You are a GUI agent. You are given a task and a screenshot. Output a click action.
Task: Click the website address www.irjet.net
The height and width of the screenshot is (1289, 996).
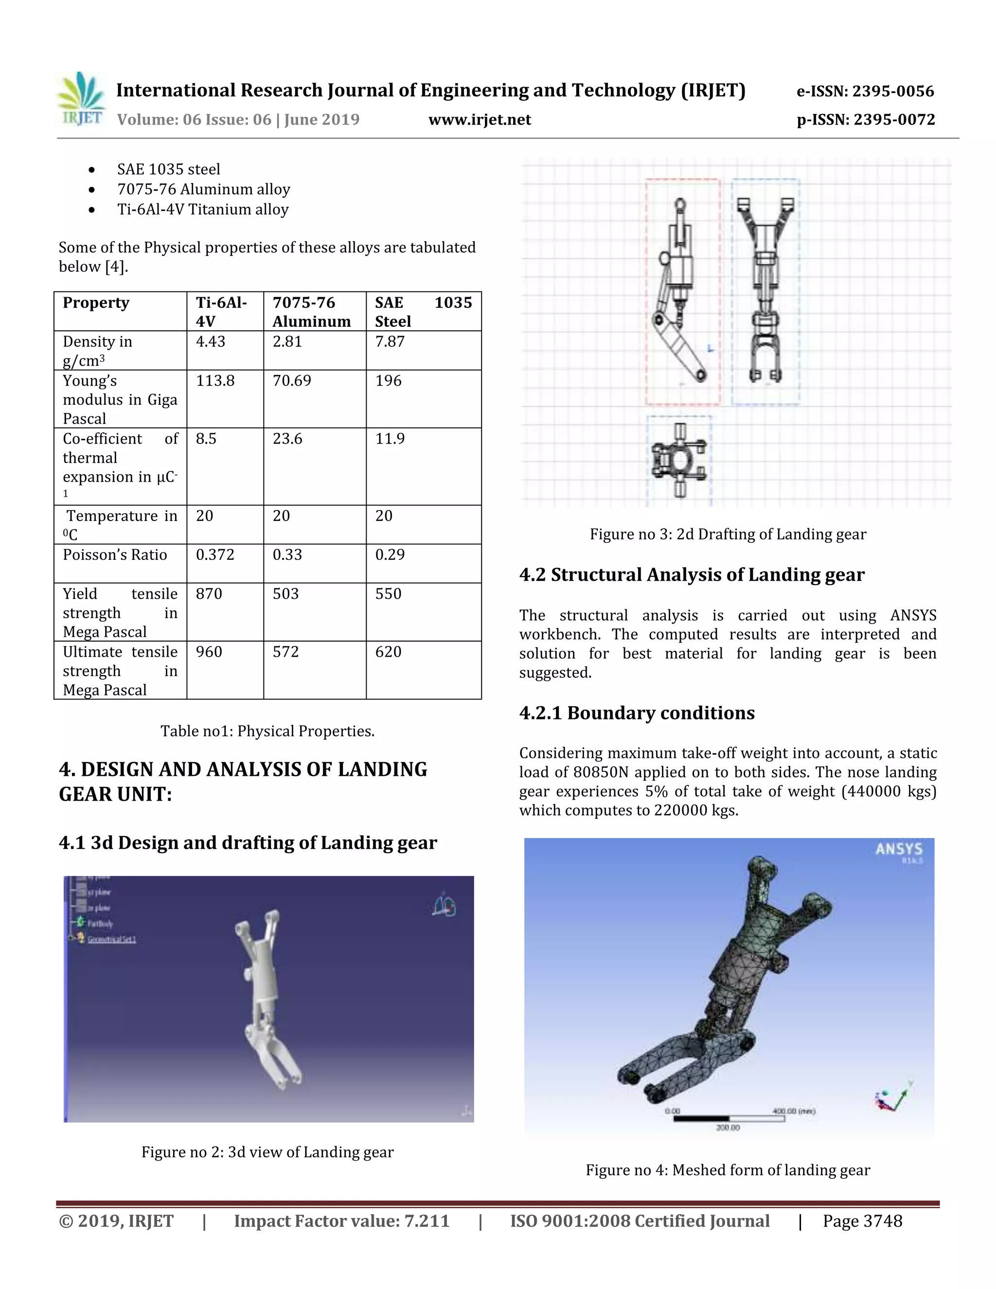point(479,120)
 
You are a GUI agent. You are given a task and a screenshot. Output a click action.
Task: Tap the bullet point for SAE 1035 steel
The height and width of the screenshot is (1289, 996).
point(92,170)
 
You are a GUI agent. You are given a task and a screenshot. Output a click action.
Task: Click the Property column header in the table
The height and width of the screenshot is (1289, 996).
point(96,303)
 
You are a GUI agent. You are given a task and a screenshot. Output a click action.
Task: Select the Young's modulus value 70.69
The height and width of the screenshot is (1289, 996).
point(291,381)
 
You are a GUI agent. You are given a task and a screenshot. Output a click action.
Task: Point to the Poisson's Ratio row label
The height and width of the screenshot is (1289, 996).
point(115,555)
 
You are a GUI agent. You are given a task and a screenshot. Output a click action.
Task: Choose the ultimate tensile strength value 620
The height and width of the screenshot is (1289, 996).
point(388,652)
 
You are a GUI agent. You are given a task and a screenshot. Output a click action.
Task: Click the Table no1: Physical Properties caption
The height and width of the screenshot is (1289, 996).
point(267,731)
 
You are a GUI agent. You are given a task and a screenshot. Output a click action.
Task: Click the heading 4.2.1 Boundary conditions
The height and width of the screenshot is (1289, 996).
point(637,713)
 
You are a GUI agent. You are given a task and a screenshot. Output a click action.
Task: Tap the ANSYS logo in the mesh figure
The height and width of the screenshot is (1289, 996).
point(898,850)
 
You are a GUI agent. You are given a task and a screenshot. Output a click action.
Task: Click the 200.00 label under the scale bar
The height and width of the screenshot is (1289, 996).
point(728,1128)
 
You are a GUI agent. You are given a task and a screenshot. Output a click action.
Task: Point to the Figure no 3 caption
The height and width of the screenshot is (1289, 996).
point(728,534)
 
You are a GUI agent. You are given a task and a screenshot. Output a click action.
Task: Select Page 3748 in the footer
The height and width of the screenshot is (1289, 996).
point(862,1221)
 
